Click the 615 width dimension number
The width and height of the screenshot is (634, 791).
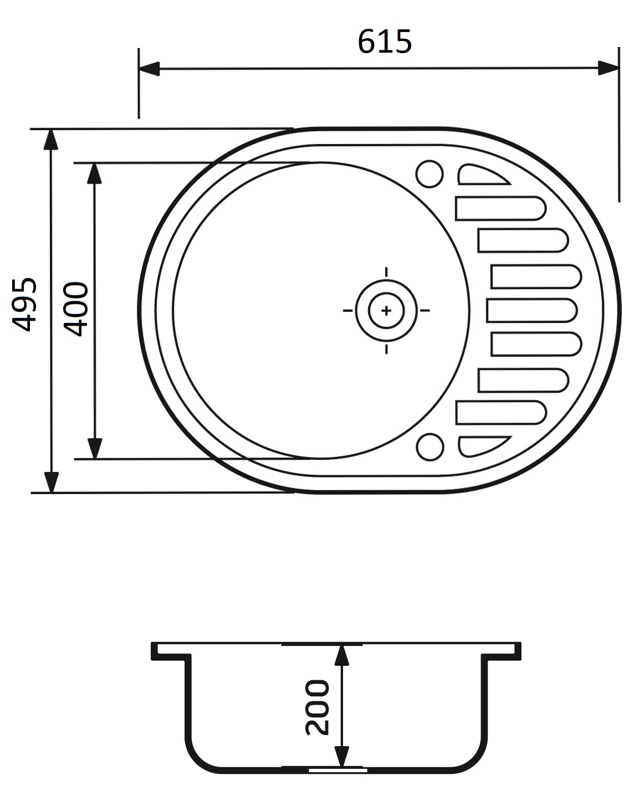point(385,42)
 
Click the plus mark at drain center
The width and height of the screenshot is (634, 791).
point(386,310)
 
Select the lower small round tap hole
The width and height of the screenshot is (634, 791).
point(430,446)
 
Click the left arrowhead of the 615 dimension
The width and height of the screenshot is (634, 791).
point(149,69)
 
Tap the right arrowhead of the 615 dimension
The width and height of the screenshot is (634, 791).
point(609,69)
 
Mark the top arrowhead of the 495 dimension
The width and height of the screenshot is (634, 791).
point(51,139)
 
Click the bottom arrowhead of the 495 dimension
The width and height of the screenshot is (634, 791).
point(51,482)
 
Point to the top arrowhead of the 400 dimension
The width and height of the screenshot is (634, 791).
point(95,173)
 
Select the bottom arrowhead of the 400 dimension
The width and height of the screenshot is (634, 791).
point(95,449)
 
